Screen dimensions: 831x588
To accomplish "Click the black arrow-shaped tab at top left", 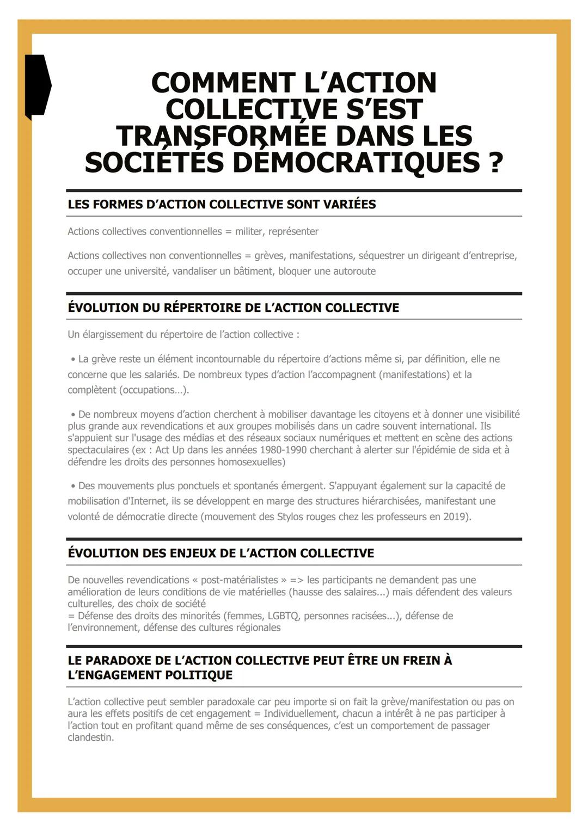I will point(37,85).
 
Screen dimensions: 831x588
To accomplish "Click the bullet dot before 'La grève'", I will point(73,360).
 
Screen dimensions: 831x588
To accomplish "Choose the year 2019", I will point(456,516).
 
